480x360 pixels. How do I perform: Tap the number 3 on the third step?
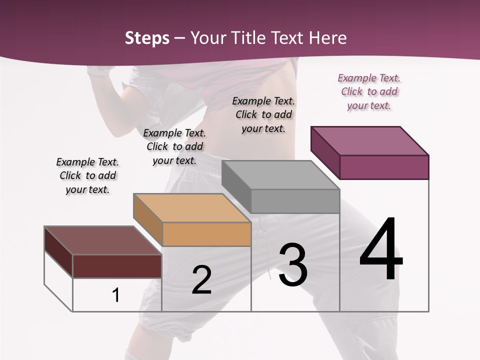293,265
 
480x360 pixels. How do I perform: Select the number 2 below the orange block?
201,280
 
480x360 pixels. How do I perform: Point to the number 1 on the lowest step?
116,295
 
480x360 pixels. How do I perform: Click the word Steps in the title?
147,38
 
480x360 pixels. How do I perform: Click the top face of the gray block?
280,175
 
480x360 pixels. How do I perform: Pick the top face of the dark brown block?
103,240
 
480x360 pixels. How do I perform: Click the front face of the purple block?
384,167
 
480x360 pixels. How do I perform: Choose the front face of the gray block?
295,201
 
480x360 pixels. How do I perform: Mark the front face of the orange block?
206,234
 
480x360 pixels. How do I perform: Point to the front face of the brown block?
117,266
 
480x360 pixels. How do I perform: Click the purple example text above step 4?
369,91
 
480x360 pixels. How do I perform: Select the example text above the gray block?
263,114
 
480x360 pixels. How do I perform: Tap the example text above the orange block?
174,146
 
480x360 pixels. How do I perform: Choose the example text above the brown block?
87,175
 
